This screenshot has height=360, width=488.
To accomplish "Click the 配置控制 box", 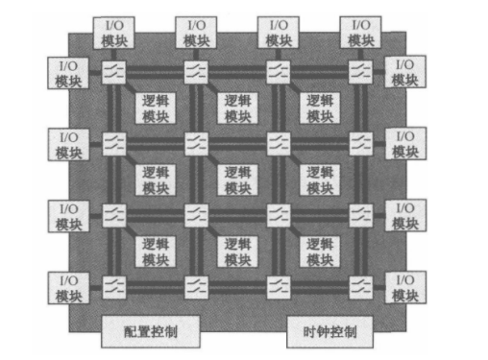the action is click(x=150, y=331).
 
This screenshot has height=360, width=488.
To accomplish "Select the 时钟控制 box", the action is click(x=323, y=331).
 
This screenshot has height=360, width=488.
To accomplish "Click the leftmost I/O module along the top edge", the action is click(x=115, y=33).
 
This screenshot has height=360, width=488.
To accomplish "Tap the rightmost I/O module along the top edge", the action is click(x=360, y=33).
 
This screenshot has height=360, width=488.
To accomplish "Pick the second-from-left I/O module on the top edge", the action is click(x=197, y=33).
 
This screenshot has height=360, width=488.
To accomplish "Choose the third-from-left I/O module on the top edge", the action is click(x=279, y=33).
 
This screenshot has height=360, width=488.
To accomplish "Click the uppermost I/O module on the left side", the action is click(x=67, y=71).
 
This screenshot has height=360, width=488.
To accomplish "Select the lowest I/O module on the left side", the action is click(x=67, y=287).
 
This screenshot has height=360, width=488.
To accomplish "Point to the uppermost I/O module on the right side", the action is click(x=404, y=71).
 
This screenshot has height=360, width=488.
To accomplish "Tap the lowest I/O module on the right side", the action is click(x=404, y=287).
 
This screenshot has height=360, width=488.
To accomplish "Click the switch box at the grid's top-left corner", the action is click(x=115, y=71).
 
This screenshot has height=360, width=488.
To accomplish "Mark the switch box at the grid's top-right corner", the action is click(x=360, y=71).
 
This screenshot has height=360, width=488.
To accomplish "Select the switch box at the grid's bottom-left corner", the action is click(x=115, y=287).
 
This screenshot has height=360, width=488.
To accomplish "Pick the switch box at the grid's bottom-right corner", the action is click(x=360, y=287).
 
